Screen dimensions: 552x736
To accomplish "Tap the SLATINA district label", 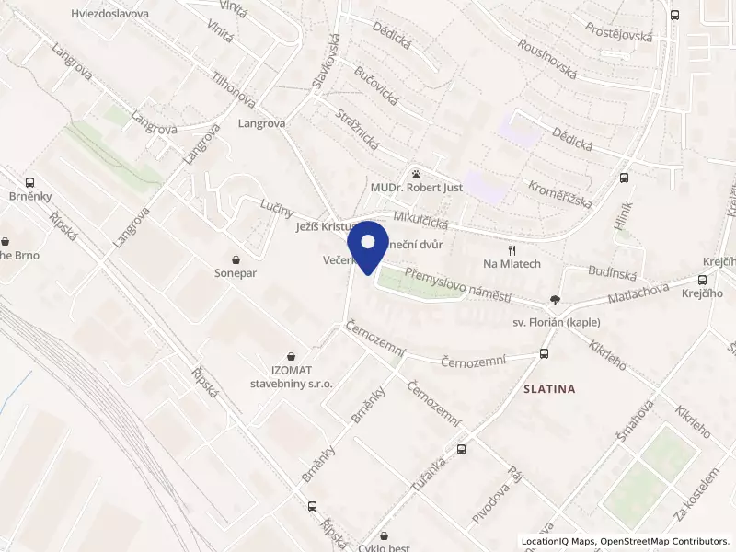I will pyautogui.click(x=548, y=389).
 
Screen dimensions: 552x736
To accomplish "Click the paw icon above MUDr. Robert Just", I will pyautogui.click(x=417, y=172).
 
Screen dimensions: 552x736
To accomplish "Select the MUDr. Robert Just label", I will pyautogui.click(x=416, y=188).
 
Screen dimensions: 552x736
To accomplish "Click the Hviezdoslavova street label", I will pyautogui.click(x=109, y=14).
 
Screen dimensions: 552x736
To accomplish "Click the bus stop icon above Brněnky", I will pyautogui.click(x=30, y=183).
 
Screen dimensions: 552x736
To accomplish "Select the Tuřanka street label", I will pyautogui.click(x=428, y=477).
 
